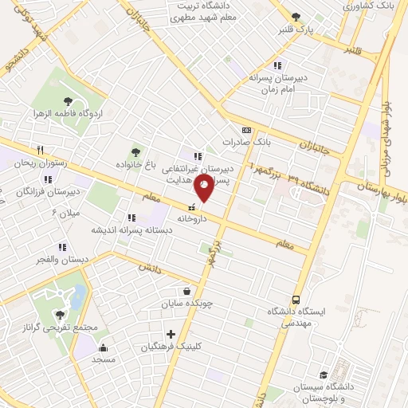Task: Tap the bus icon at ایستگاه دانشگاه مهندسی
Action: (296, 300)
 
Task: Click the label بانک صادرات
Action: (247, 142)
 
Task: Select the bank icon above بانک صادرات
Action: (246, 131)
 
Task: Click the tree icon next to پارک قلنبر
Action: (296, 17)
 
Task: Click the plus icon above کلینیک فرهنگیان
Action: (170, 334)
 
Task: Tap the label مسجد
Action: (104, 360)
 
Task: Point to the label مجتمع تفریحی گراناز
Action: (61, 329)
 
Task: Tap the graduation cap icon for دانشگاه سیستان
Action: (323, 375)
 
